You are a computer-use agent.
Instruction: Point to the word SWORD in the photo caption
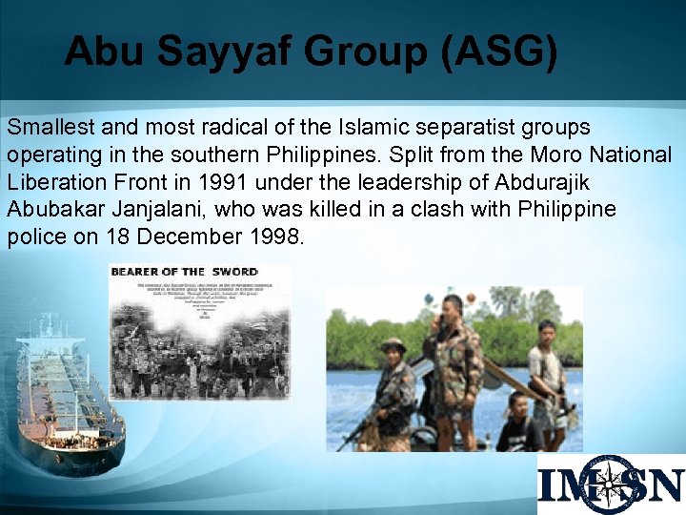[235, 272]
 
